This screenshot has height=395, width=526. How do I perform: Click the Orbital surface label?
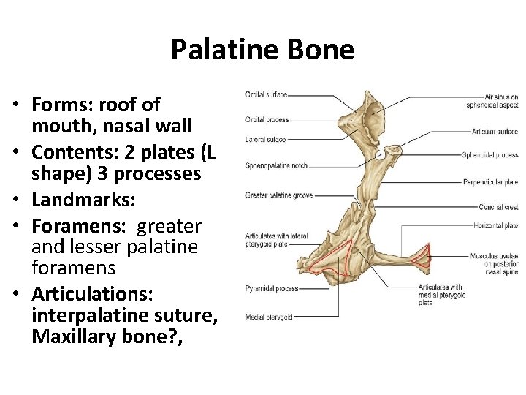coord(266,94)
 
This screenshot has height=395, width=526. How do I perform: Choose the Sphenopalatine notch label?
coord(277,166)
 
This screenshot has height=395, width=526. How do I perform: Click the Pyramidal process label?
coord(272,289)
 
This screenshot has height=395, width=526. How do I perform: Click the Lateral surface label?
coord(265,139)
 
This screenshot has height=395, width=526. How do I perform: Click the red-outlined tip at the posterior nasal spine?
coord(423,258)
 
